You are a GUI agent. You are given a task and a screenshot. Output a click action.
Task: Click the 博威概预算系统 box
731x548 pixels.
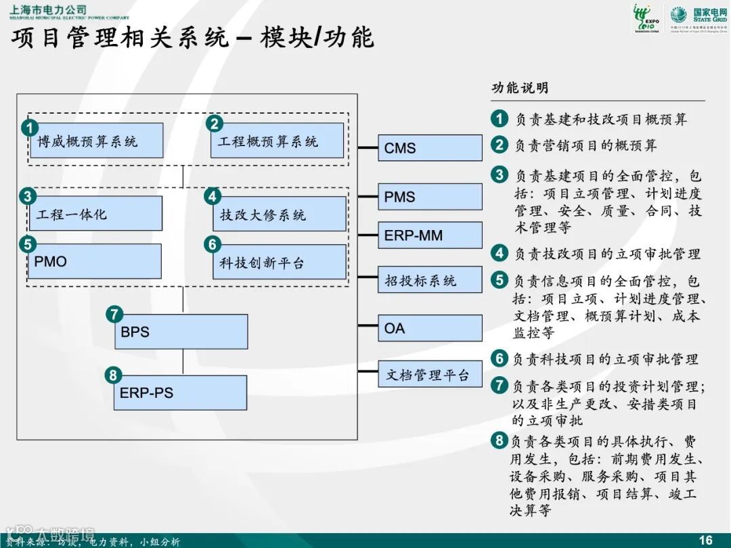point(95,141)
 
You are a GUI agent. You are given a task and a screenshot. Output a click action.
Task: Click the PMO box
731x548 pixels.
point(95,261)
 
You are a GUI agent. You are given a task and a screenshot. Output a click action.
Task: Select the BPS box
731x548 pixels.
point(181,332)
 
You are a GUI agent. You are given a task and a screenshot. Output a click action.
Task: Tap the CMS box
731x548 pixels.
point(430,147)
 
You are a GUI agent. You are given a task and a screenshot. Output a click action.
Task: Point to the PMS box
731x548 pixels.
point(430,197)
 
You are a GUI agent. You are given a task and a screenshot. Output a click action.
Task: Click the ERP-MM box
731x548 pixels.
point(430,235)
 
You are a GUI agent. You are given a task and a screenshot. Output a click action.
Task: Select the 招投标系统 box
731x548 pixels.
point(430,280)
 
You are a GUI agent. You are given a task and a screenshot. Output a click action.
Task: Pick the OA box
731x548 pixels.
point(430,328)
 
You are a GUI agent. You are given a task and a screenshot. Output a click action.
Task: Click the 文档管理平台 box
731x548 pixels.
point(430,374)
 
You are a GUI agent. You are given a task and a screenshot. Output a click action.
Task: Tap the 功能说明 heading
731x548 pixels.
point(520,88)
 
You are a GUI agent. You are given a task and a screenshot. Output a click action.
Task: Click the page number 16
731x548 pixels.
point(705,539)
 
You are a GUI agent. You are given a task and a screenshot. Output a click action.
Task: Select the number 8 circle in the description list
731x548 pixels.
point(499,441)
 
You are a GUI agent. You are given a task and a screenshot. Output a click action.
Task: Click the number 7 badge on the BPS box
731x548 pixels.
point(114,314)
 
